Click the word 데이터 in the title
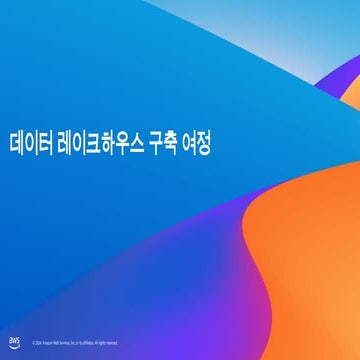(x=28, y=144)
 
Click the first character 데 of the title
(x=15, y=144)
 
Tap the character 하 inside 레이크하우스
(x=103, y=144)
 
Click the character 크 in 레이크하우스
(x=89, y=144)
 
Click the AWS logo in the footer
(x=14, y=341)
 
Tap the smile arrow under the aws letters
(x=14, y=345)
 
